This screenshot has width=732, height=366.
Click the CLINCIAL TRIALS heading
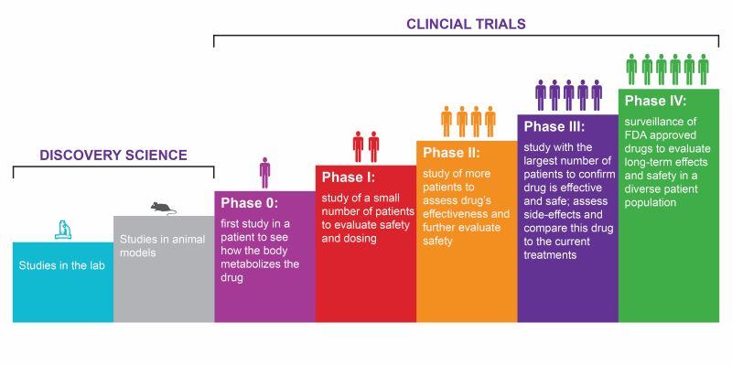click(467, 21)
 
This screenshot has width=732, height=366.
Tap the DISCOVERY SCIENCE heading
click(113, 156)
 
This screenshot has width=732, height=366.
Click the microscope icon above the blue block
click(62, 229)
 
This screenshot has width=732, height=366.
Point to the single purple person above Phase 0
click(264, 172)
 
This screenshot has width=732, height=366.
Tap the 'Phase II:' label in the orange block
click(452, 152)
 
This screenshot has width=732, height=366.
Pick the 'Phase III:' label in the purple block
click(555, 126)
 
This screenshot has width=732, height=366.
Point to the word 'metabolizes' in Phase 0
click(256, 264)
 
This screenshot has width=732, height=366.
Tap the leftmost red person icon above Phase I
click(358, 146)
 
